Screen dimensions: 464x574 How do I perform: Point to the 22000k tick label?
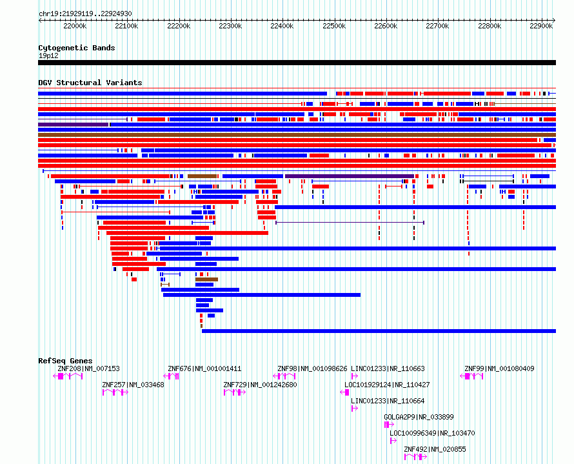(x=75, y=26)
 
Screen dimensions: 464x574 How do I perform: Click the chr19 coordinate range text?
(x=85, y=14)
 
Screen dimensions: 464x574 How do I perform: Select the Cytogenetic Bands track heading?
(x=76, y=48)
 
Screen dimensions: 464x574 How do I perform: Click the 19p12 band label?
(x=48, y=55)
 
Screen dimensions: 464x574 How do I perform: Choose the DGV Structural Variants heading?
(x=90, y=83)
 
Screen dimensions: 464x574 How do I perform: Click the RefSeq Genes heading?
(x=65, y=361)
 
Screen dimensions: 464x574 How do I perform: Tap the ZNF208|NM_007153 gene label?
(x=88, y=369)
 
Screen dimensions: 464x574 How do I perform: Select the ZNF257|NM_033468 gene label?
(x=133, y=385)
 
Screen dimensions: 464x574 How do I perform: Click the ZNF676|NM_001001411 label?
(x=204, y=369)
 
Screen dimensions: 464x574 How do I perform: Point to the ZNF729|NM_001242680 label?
(x=260, y=385)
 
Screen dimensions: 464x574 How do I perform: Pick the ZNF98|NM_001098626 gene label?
(x=312, y=369)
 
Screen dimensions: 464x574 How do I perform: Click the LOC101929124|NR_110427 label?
(x=387, y=385)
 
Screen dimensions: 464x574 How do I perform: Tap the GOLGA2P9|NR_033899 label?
(x=419, y=417)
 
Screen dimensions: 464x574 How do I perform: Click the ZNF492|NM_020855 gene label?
(x=435, y=449)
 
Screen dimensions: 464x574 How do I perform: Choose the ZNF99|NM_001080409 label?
(x=499, y=369)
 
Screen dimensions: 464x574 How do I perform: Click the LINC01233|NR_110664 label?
(x=388, y=401)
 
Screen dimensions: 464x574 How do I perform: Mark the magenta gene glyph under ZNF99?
(x=473, y=376)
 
